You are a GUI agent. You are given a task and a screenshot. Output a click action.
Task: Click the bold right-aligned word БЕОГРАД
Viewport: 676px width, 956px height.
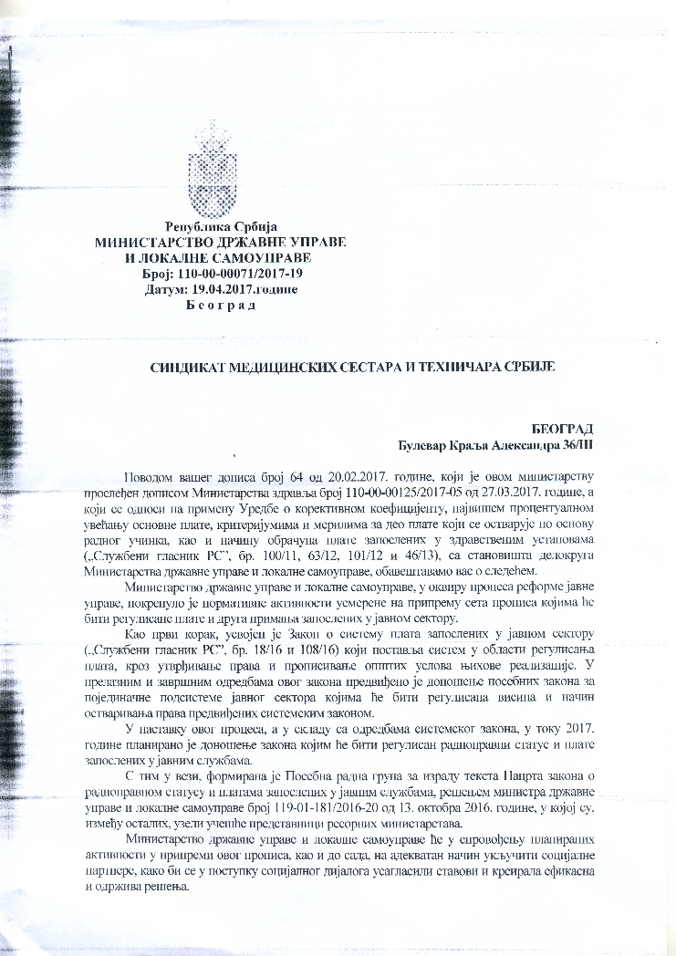point(563,429)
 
